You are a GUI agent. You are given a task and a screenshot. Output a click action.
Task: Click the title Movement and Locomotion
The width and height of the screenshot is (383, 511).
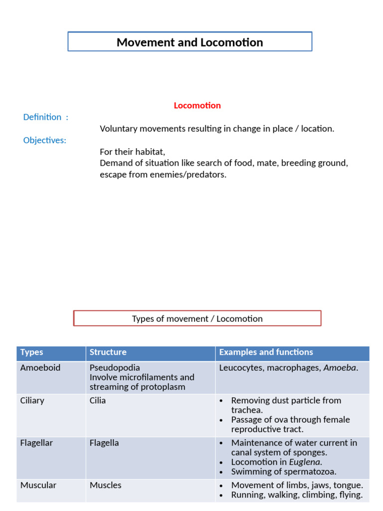coord(190,42)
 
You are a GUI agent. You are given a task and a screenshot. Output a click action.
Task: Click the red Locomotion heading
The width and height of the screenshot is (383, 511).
coord(197,105)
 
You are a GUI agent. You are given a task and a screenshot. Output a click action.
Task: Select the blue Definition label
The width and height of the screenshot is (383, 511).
coord(45,117)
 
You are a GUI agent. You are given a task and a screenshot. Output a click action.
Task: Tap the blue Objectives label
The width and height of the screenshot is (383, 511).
coord(44,140)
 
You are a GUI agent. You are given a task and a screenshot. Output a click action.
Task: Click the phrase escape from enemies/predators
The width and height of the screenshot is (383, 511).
coord(163,175)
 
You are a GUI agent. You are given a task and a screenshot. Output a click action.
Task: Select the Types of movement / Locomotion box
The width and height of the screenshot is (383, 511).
coord(197,318)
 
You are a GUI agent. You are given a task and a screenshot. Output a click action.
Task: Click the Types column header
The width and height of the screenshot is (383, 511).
coord(31,352)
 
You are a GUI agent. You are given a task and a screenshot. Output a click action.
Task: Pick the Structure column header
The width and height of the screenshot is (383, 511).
coord(108,352)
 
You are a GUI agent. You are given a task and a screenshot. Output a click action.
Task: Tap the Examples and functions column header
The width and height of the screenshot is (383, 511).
coord(266,352)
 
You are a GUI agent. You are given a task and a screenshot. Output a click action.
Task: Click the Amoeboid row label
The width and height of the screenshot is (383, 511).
coord(40,368)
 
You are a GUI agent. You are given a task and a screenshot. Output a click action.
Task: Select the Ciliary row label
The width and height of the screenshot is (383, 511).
coord(32,400)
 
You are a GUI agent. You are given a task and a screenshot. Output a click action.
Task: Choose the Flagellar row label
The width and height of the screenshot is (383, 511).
coord(36,443)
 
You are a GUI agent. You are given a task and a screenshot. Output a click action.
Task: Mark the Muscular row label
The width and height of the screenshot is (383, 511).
coord(38,485)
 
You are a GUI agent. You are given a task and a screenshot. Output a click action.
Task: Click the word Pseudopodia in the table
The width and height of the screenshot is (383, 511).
coord(115,368)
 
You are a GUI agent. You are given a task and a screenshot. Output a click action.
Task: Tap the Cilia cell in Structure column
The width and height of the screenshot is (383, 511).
coord(98,400)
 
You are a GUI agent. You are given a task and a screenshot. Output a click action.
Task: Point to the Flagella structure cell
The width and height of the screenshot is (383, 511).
coord(104,443)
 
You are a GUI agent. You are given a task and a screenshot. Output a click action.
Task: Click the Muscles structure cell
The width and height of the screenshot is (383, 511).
coord(105,485)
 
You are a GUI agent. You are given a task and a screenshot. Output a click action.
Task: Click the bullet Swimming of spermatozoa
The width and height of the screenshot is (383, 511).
coord(283,472)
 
